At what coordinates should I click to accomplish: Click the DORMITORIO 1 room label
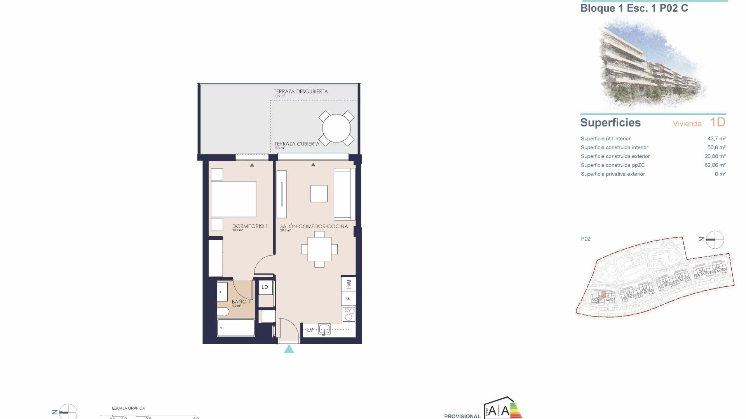(x=250, y=226)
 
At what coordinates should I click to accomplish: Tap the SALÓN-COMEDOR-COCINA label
(x=314, y=226)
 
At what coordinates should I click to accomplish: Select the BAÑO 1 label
(x=241, y=301)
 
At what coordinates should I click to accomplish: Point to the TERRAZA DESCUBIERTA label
(x=301, y=92)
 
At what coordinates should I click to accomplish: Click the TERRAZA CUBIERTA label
(x=297, y=144)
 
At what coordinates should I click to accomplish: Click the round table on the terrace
(x=336, y=128)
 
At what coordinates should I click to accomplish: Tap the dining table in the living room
(x=319, y=249)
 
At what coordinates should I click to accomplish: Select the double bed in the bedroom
(x=234, y=199)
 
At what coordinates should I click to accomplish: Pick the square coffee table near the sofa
(x=319, y=194)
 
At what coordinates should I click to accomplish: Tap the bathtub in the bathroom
(x=236, y=328)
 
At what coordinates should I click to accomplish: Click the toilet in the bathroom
(x=223, y=312)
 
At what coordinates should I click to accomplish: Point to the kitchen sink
(x=324, y=330)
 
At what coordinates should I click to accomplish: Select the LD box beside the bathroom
(x=265, y=287)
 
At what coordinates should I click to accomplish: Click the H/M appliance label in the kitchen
(x=349, y=284)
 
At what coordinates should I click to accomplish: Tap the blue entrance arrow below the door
(x=289, y=349)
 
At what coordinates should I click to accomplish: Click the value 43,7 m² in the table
(x=716, y=139)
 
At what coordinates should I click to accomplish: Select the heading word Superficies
(x=610, y=123)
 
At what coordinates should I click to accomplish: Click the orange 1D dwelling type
(x=718, y=122)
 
